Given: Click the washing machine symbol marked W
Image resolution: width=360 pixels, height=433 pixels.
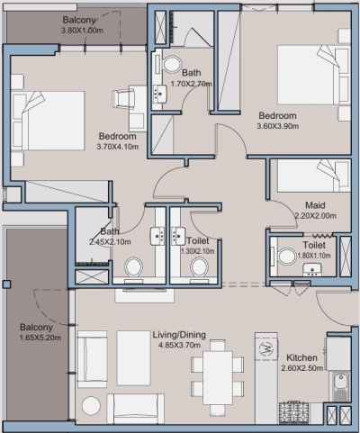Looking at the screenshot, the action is pos(266,348).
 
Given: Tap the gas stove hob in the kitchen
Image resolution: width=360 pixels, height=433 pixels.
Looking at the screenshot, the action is pos(294,412).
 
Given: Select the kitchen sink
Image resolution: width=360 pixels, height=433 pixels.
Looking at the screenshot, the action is pos(340,386).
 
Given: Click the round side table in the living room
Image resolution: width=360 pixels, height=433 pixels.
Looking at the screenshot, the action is pos(92,406).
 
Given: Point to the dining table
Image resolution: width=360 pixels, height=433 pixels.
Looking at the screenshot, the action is pos(218,378).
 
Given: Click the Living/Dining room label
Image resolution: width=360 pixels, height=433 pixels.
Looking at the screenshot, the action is pos(179,335).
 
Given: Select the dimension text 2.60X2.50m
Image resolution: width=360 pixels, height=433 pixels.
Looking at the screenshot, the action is pos(301,368).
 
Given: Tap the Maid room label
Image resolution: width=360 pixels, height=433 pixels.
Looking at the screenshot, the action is pos(315,205).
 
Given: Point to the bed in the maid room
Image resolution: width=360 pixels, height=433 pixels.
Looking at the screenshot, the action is pos(314,176).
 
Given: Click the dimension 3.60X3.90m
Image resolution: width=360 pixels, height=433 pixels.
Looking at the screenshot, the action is pos(277,126).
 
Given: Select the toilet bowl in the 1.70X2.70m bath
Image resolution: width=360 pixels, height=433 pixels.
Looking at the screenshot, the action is pos(172,64).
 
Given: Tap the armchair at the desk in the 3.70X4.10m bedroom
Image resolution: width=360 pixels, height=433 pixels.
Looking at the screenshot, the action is pos(123,99).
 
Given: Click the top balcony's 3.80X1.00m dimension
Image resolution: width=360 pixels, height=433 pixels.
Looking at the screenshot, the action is pos(82,31).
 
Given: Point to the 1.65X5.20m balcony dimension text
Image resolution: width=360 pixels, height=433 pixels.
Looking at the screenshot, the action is pos(40,338).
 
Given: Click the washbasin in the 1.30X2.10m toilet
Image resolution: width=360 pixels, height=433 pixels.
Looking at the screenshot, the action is pos(178,236).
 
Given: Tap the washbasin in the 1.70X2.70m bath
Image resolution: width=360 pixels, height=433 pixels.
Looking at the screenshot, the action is pos(159,94).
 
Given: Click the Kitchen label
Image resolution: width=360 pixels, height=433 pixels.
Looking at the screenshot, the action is pos(301,357).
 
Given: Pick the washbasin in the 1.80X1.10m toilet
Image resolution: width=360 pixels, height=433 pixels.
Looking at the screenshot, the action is pos(312,269).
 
